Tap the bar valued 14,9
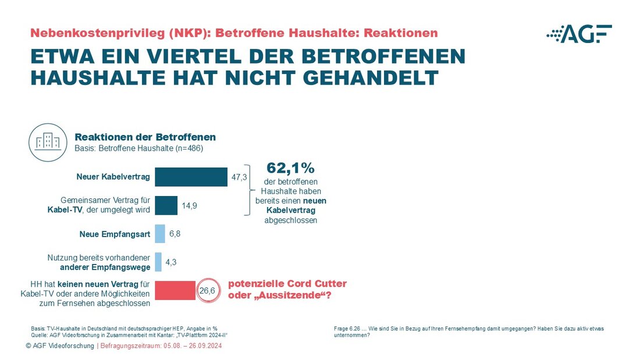[166, 205]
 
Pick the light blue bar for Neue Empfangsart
[160, 234]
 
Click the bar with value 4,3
[158, 262]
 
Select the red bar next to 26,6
[175, 290]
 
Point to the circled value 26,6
[208, 290]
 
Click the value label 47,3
[240, 177]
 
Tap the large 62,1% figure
[290, 168]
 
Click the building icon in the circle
[48, 141]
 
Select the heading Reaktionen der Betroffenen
[145, 137]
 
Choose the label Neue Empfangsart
[114, 234]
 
